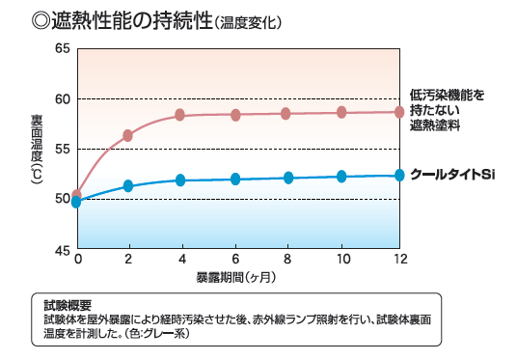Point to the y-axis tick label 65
62,48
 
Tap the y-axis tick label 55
62,149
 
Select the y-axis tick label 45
62,249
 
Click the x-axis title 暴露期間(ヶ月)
236,277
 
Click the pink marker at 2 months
127,135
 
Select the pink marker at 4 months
180,116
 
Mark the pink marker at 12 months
398,112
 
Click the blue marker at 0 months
76,202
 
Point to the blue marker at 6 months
234,179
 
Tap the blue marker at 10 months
341,176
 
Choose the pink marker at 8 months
286,114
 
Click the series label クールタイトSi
451,175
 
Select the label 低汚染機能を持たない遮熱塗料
446,110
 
